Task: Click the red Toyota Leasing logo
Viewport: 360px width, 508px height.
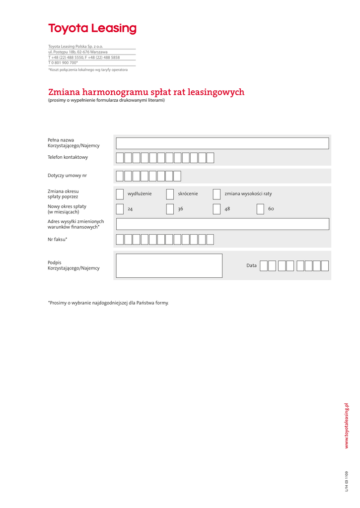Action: point(92,29)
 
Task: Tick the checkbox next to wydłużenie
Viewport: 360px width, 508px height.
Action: point(120,194)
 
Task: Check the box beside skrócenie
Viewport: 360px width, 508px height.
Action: point(170,194)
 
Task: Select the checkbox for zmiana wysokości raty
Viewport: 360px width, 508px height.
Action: point(216,194)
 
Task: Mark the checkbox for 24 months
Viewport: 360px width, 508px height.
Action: point(120,209)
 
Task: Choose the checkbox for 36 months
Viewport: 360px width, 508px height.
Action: point(170,209)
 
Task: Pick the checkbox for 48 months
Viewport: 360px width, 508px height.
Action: point(216,209)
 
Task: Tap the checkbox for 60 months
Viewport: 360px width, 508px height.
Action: point(260,209)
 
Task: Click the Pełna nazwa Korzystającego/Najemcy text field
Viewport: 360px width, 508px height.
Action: point(222,143)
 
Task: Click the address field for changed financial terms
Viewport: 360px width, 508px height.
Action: point(222,224)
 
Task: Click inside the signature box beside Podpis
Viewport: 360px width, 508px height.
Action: point(169,265)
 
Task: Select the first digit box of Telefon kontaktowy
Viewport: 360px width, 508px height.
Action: point(120,158)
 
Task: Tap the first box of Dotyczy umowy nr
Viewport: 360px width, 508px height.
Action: point(120,176)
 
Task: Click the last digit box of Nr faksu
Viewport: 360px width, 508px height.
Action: point(210,240)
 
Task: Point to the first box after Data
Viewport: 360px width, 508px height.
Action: point(264,266)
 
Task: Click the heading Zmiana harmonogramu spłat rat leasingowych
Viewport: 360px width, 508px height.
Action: point(146,92)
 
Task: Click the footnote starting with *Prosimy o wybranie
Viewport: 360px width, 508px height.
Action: point(108,303)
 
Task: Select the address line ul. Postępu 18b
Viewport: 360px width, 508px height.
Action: point(78,52)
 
